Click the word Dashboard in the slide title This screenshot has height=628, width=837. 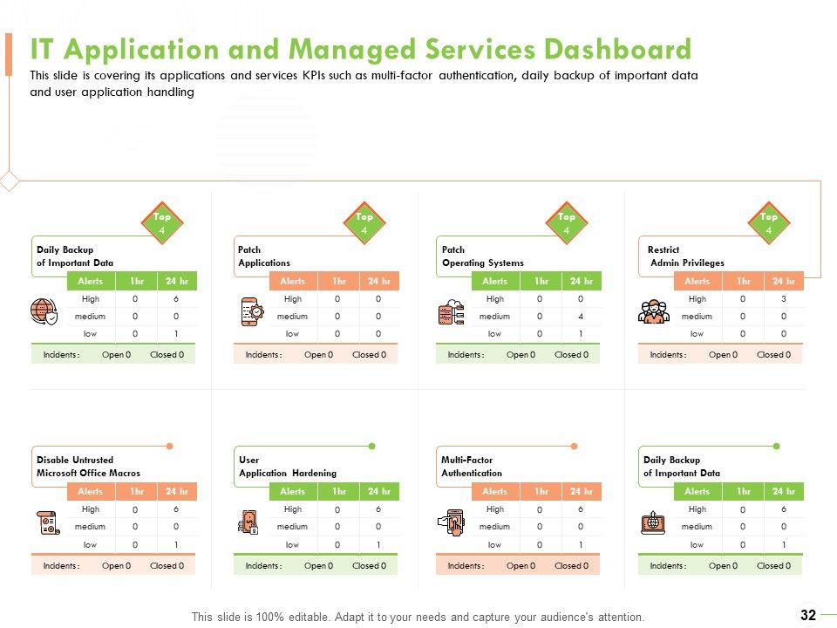[x=617, y=49]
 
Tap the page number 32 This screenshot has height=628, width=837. [x=808, y=615]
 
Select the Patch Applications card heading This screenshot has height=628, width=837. [x=264, y=256]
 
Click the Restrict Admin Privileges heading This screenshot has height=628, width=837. [x=686, y=256]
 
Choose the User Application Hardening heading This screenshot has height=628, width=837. [x=288, y=466]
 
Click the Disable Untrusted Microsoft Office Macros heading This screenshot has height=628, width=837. [x=88, y=466]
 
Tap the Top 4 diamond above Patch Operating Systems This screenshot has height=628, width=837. [x=567, y=222]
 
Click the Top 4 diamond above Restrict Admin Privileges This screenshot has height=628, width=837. [x=769, y=222]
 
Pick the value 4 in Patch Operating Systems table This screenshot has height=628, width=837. [x=581, y=316]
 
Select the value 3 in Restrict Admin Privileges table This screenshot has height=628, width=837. [x=784, y=299]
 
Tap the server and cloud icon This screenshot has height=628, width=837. [x=451, y=312]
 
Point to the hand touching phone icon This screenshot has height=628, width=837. [x=451, y=522]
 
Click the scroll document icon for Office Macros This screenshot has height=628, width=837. [x=48, y=522]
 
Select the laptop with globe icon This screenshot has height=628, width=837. [x=653, y=522]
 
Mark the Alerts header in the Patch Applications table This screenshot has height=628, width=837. [x=293, y=281]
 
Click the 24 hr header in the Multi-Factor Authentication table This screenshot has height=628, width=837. [x=582, y=491]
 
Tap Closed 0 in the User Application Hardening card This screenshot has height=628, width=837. [x=370, y=565]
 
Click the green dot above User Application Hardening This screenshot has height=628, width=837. [x=372, y=446]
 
